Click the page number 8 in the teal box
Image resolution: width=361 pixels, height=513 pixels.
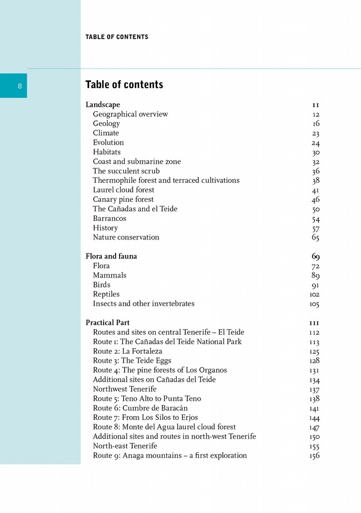20,86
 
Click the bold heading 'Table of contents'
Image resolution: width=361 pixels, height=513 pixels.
124,85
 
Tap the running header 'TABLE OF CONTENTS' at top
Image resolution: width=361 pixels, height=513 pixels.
117,37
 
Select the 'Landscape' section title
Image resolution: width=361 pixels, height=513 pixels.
103,105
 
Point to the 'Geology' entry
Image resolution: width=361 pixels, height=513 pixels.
106,124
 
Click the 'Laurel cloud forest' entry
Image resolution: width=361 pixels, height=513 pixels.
123,190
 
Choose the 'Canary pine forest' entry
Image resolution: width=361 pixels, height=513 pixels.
123,199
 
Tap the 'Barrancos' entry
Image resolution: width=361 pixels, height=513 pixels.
109,218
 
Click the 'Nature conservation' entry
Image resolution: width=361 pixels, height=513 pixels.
126,237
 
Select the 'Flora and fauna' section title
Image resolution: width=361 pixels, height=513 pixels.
111,256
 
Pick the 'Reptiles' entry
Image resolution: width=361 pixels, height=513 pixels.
106,294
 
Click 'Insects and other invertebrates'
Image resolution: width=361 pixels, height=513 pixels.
143,304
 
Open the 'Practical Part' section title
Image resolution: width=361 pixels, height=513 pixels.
107,323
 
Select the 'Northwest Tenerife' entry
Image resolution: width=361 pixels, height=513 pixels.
125,389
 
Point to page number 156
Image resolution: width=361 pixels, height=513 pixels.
314,456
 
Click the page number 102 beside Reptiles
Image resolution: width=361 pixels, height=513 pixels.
314,295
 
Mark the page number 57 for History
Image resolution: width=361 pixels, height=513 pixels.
315,228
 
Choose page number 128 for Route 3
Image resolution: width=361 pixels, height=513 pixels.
314,361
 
